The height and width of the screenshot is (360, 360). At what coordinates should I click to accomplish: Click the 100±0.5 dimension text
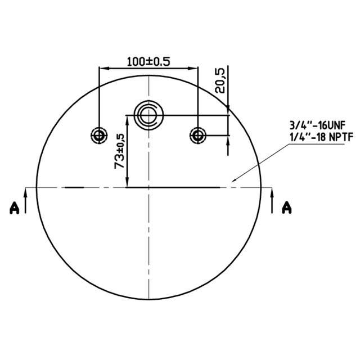click(x=148, y=61)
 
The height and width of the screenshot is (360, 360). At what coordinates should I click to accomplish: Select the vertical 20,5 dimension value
click(x=220, y=79)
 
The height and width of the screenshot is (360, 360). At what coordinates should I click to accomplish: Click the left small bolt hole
click(x=100, y=135)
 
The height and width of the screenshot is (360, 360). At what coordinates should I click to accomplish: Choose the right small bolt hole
click(x=198, y=135)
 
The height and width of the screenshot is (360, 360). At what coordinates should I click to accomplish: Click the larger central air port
click(x=148, y=115)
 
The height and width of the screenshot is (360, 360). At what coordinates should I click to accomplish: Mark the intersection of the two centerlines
click(x=148, y=187)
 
